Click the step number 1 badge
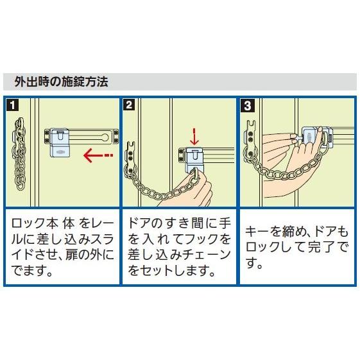point(13,105)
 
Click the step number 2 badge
point(129,105)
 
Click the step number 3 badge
point(248,105)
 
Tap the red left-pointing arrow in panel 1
point(98,155)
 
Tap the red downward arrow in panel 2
point(194,137)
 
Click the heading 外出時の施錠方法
point(62,82)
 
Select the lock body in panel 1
point(59,142)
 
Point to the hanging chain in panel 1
point(19,154)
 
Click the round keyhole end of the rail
point(106,137)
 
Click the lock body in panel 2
point(194,160)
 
